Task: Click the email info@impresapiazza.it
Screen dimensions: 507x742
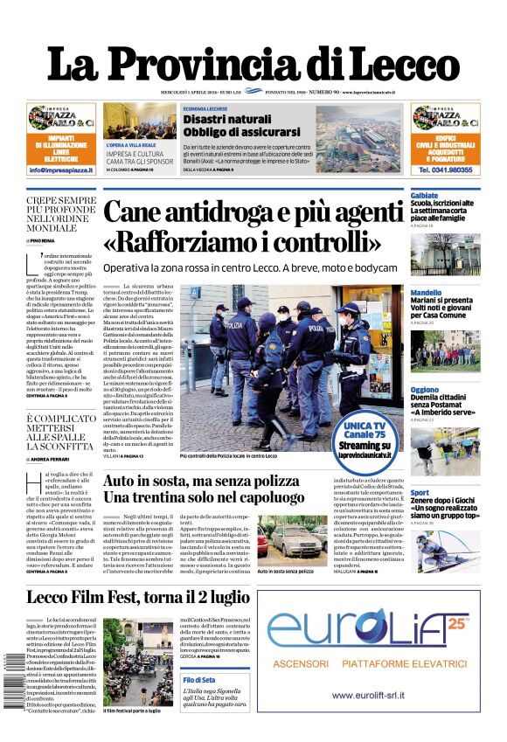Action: click(61, 170)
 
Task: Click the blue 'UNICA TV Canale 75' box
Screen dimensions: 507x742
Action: click(363, 433)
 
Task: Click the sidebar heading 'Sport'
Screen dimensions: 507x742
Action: click(420, 492)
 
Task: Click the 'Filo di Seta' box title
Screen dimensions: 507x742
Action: click(199, 679)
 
